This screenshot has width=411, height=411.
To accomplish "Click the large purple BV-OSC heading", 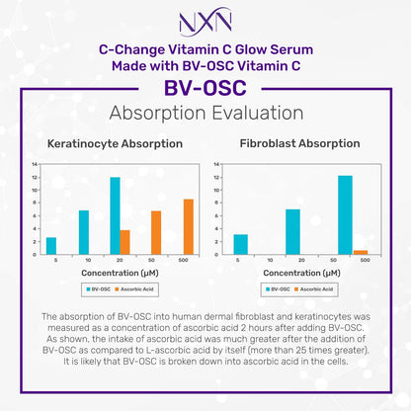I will click(x=205, y=86).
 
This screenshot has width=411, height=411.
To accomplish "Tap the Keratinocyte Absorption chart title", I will click(x=115, y=143).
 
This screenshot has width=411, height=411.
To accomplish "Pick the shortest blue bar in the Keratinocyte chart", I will click(x=51, y=245).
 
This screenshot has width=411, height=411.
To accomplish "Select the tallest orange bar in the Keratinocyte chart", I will click(x=188, y=226).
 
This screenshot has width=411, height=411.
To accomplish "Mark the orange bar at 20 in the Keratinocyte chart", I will click(x=124, y=241).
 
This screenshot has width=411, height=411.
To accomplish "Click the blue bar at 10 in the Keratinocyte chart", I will click(x=83, y=231).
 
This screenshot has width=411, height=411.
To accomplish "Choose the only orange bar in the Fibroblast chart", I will click(x=361, y=252).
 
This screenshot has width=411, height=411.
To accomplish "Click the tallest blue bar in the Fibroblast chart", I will click(x=345, y=214).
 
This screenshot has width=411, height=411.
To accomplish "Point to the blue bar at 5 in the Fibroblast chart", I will click(x=240, y=244).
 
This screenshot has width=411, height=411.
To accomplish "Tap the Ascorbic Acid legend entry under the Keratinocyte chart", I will click(x=135, y=288).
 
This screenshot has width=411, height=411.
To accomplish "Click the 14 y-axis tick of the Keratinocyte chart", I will click(x=36, y=164).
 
